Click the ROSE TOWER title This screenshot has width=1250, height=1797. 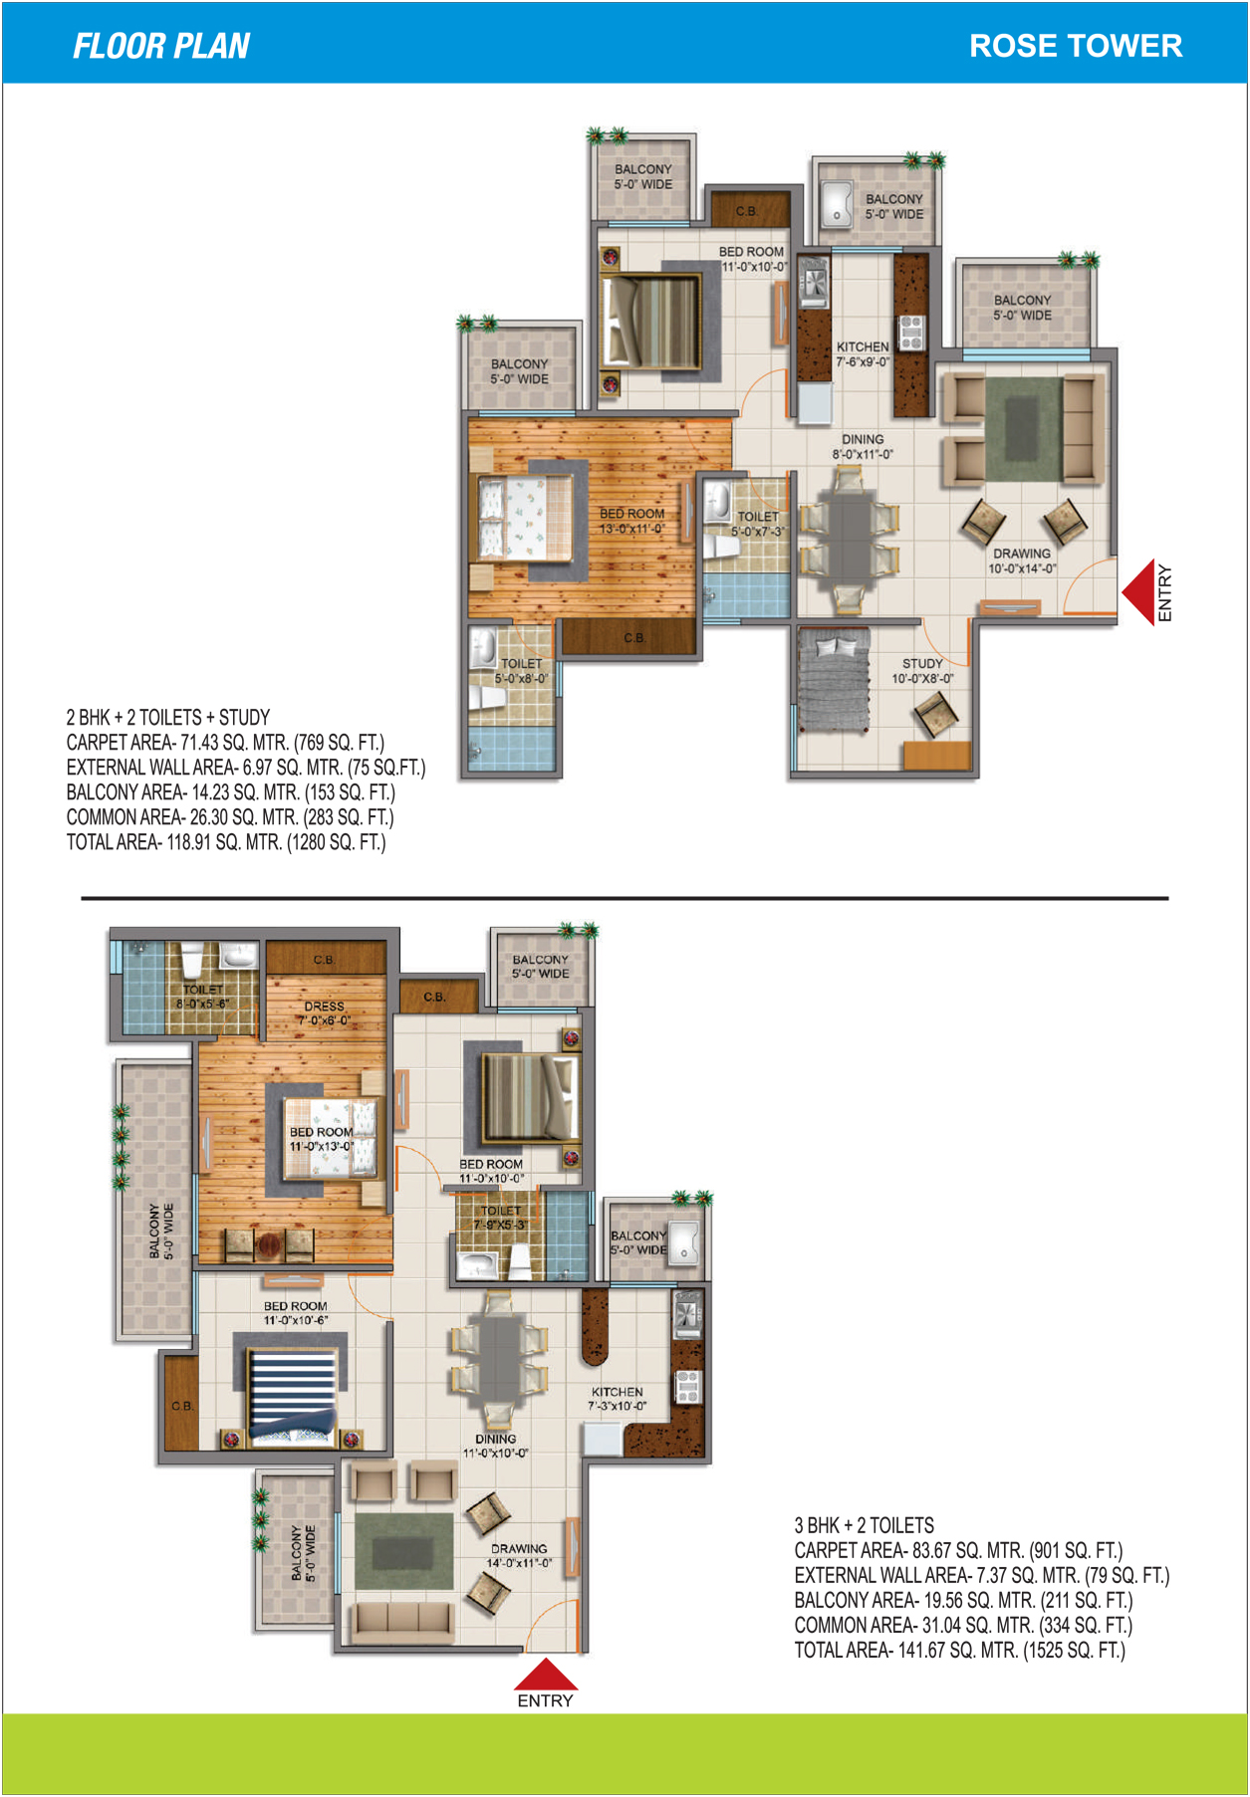1076,46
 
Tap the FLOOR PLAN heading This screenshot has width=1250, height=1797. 161,46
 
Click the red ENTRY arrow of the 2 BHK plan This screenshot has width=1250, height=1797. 1137,592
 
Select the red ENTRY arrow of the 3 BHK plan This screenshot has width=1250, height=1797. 545,1674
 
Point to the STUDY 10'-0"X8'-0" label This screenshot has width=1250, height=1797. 922,671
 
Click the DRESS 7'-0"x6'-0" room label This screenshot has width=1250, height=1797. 324,1013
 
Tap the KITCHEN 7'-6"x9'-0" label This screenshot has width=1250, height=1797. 863,354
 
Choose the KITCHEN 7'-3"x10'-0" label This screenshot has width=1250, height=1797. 618,1399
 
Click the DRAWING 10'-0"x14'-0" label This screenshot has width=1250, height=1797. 1022,562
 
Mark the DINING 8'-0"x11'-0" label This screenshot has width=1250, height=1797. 863,447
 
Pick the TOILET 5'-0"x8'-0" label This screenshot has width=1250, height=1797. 522,671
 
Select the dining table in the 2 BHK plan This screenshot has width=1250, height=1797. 849,537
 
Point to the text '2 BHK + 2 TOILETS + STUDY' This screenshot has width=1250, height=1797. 168,718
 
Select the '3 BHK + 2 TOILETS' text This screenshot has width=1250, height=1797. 865,1525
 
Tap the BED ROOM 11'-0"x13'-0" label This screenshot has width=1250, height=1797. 321,1139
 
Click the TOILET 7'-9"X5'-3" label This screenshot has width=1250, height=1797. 500,1218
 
